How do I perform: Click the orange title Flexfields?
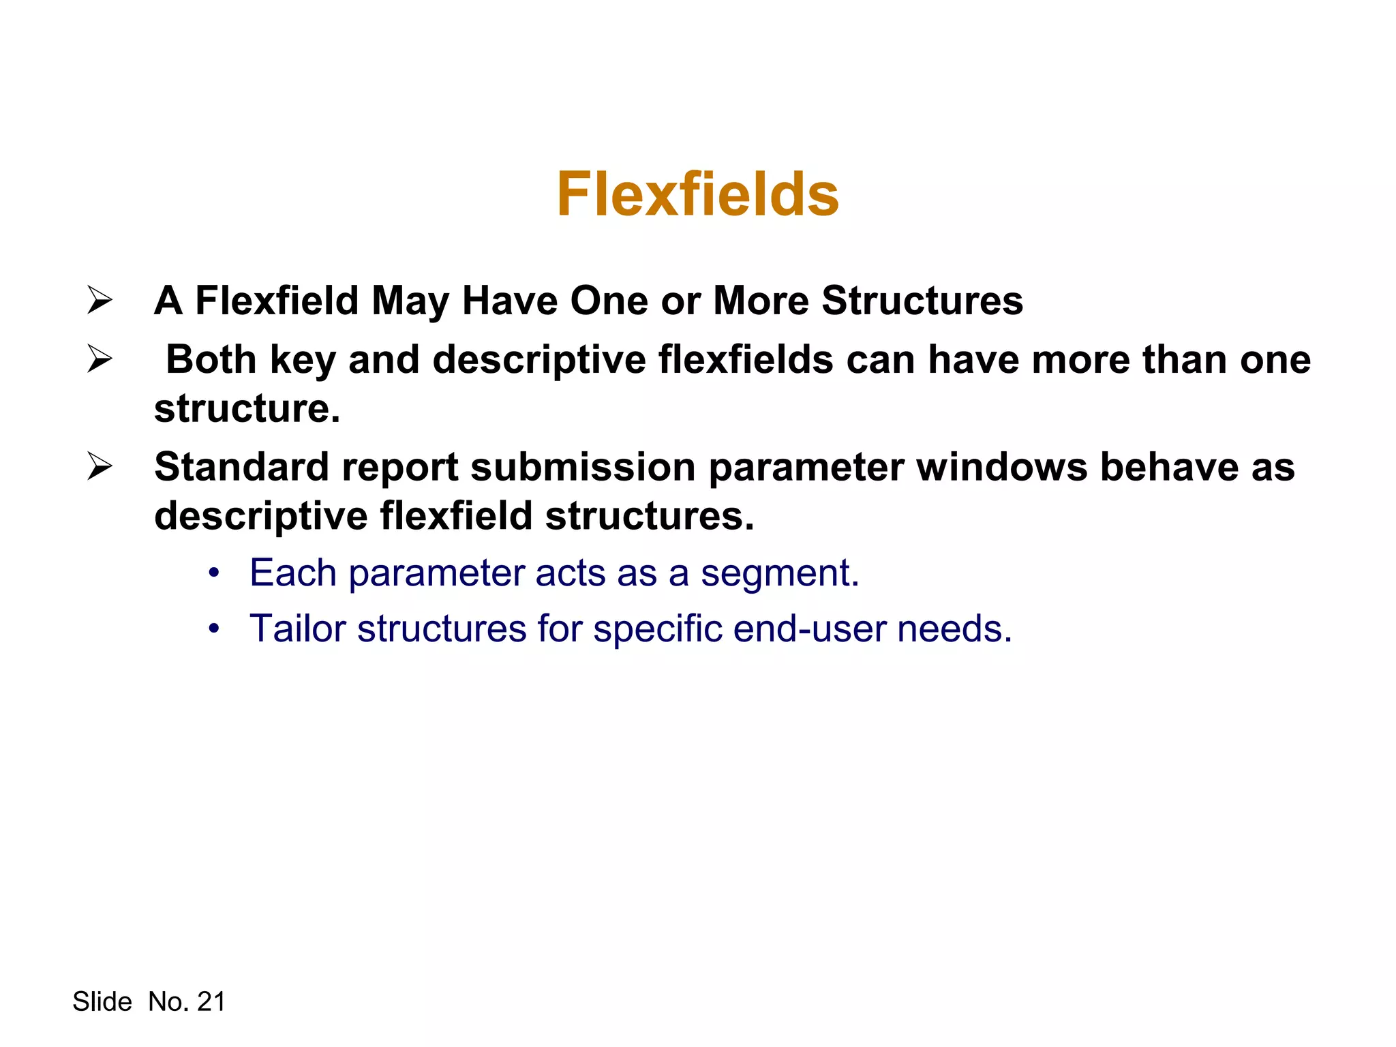(x=697, y=195)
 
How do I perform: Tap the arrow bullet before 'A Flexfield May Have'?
(x=100, y=301)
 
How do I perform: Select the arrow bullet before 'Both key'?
(x=100, y=359)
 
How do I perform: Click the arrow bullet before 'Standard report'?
(x=100, y=467)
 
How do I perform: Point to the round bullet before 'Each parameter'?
(x=214, y=573)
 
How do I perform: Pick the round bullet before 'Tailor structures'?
(x=214, y=628)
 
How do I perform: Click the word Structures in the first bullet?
(x=922, y=301)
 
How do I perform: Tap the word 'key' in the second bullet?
(x=302, y=361)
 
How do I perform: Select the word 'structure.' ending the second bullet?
(x=247, y=409)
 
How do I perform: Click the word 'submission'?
(x=583, y=468)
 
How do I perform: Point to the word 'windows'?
(x=1001, y=468)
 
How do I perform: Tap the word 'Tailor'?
(x=297, y=628)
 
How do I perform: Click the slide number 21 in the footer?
(x=211, y=1002)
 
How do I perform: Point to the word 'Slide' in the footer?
(x=102, y=1002)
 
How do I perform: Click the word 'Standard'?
(x=241, y=468)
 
